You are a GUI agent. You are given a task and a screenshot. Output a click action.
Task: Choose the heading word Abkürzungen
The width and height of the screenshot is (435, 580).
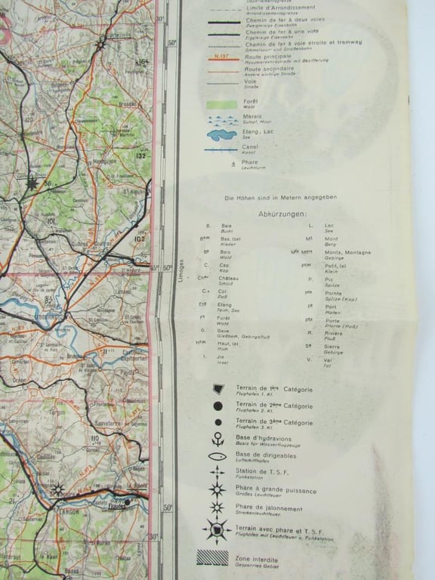(x=279, y=214)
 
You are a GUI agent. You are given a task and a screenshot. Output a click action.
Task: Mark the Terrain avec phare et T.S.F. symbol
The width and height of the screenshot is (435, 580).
(x=217, y=530)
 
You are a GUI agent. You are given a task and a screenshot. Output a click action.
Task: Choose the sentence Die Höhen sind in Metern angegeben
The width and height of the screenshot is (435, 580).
(x=280, y=198)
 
